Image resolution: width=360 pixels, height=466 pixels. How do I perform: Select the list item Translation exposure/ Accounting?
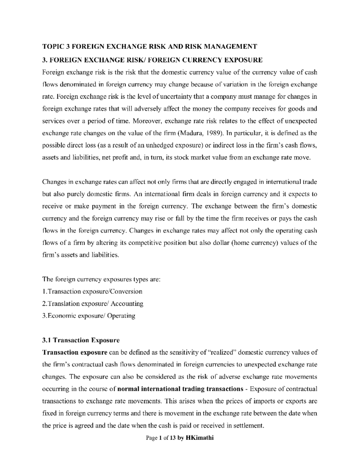coord(93,303)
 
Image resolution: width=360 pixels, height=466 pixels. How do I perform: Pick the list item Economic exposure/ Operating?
coord(89,316)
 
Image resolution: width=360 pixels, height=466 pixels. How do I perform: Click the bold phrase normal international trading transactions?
coord(180,389)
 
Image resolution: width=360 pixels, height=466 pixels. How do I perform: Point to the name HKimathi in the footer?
coord(200,438)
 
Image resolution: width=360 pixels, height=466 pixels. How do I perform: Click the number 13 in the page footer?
coord(172,438)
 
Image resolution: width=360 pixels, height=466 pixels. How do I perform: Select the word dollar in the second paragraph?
coord(221,243)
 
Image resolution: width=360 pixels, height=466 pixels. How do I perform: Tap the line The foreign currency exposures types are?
coord(102,279)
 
